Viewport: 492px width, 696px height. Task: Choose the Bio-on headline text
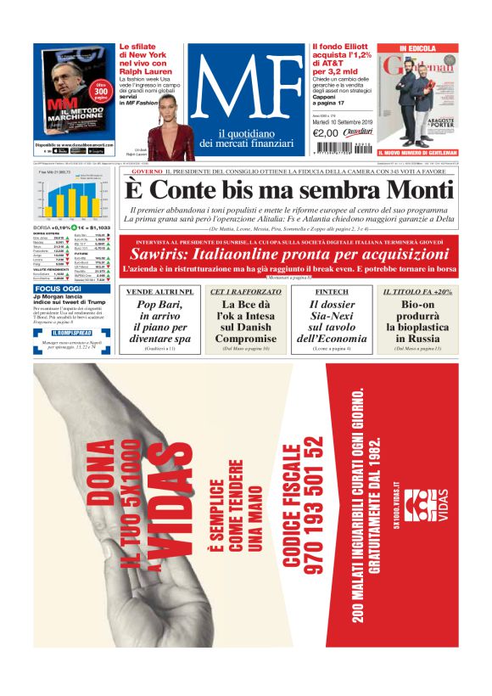416,321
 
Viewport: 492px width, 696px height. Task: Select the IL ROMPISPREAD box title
70,333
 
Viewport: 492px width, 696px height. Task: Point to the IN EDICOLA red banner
417,48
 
